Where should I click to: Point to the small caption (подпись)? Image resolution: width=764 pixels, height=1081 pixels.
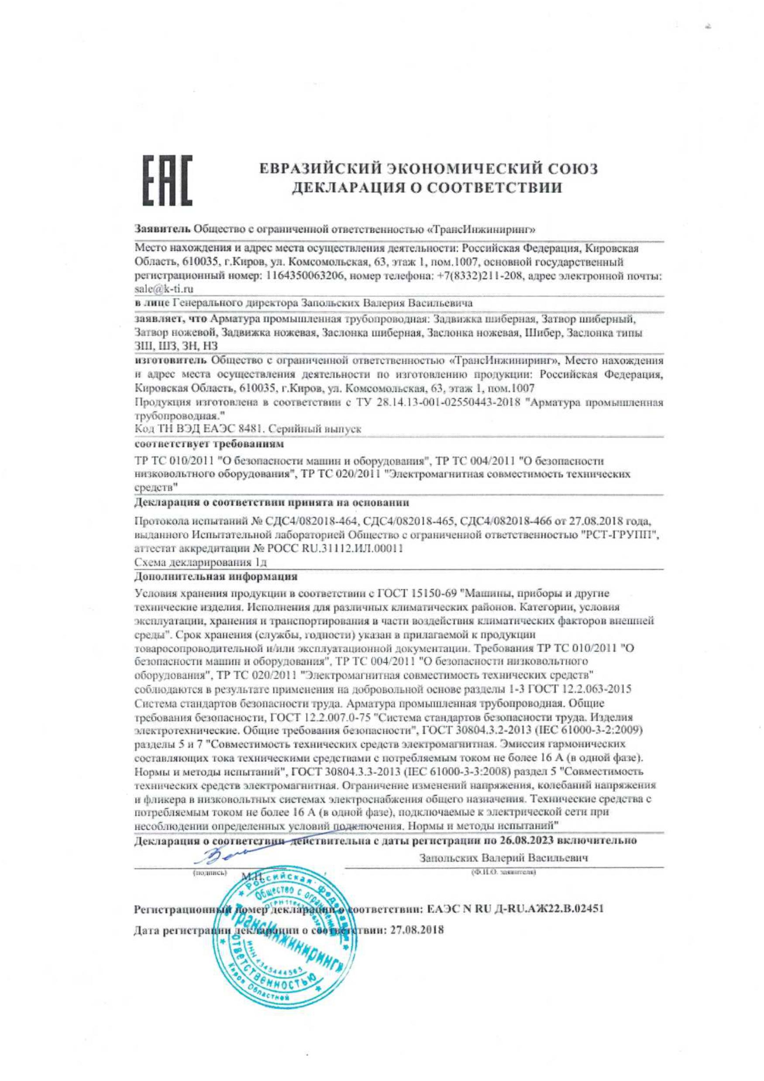210,872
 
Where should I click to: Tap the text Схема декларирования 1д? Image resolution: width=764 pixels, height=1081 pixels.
201,562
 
